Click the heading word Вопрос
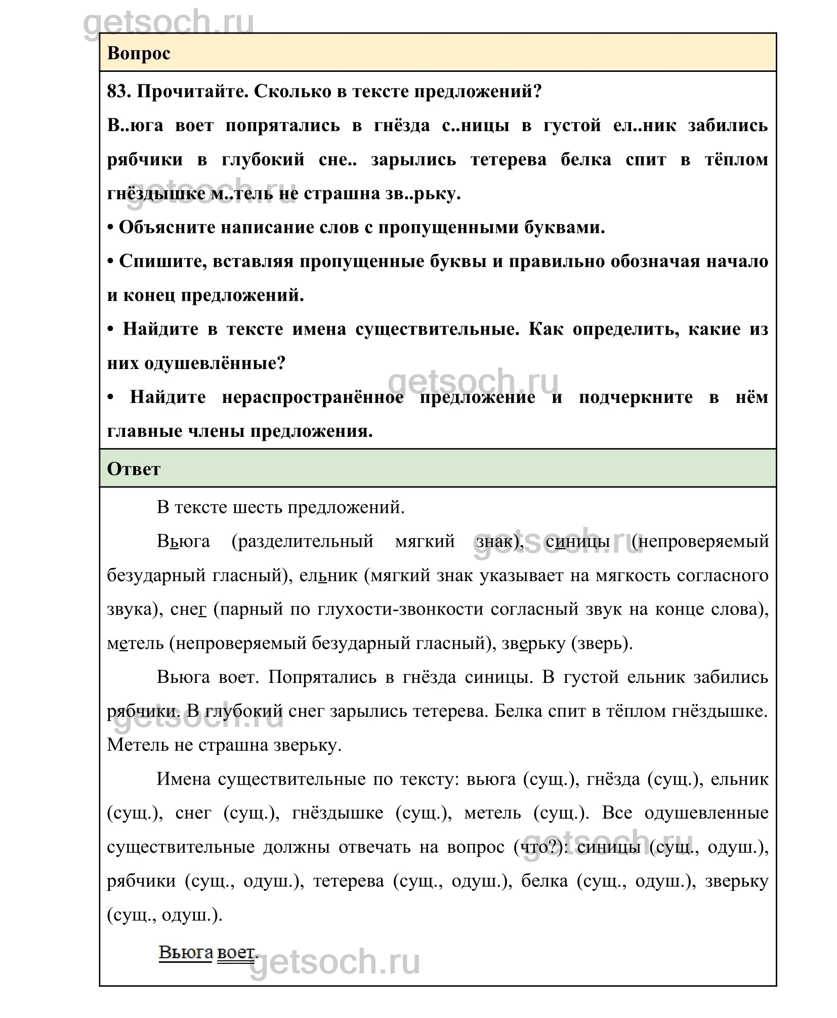tap(139, 53)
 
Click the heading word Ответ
tap(134, 469)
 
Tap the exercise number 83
tap(118, 92)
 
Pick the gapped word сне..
tap(338, 159)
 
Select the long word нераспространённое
tap(313, 397)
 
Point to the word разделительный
tap(303, 541)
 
